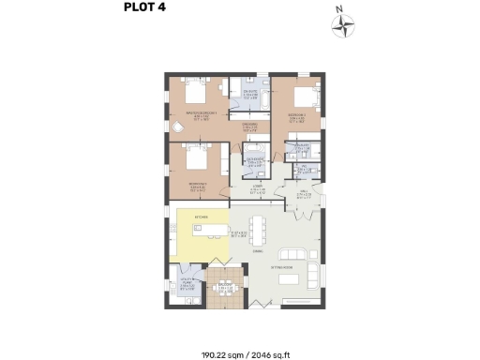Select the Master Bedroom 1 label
coord(199,114)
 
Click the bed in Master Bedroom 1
coord(198,94)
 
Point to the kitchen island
coord(209,230)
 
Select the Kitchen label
coord(201,217)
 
